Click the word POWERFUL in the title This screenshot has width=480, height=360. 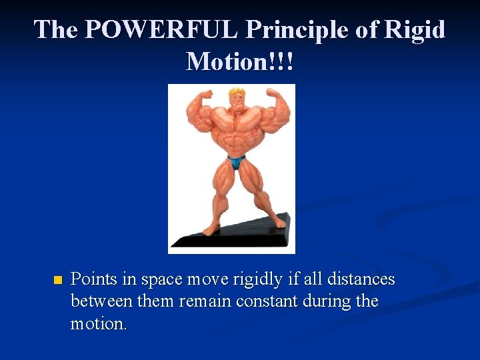pyautogui.click(x=162, y=30)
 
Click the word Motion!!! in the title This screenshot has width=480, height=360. pyautogui.click(x=240, y=61)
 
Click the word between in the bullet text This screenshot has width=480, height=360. pyautogui.click(x=101, y=301)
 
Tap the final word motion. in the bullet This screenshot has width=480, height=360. pyautogui.click(x=98, y=324)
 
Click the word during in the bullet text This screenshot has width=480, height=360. pyautogui.click(x=327, y=301)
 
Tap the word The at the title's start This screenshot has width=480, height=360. pyautogui.click(x=56, y=30)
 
